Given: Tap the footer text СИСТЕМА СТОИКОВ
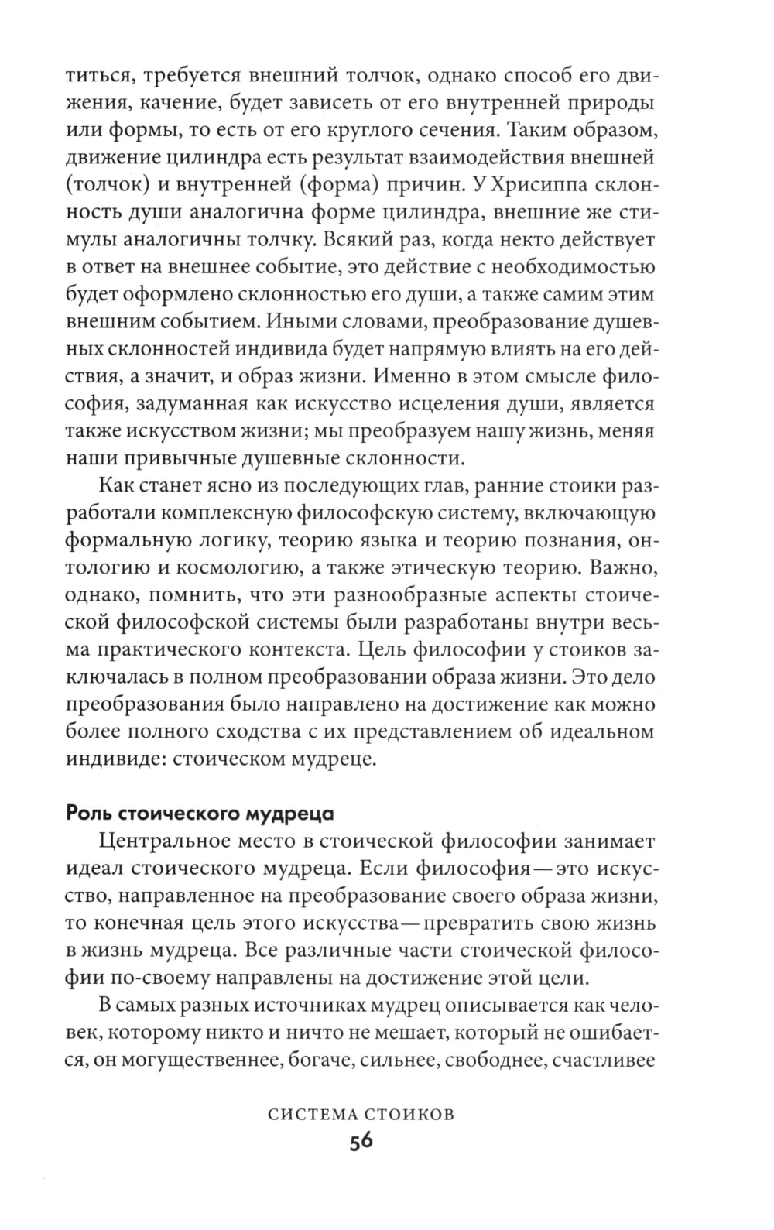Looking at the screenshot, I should pyautogui.click(x=360, y=1115).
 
